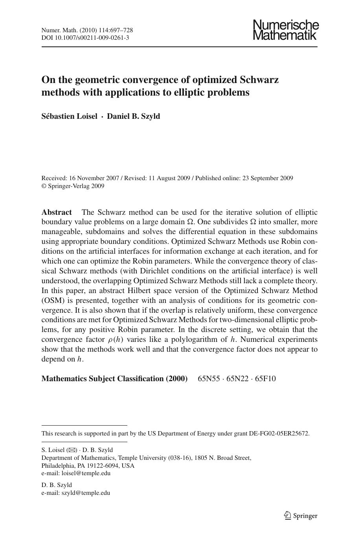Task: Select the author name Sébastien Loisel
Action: click(69, 116)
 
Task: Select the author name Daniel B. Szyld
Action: click(134, 116)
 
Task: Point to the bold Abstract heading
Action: click(57, 212)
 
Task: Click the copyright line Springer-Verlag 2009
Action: click(76, 186)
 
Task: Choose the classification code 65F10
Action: click(265, 379)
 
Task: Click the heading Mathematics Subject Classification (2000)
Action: click(114, 379)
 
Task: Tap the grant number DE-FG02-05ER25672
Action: click(279, 433)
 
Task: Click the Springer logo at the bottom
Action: click(301, 516)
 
